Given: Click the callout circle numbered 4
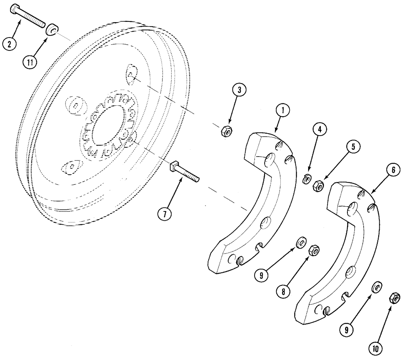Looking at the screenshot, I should click(x=319, y=130).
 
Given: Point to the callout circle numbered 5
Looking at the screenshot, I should click(x=353, y=147).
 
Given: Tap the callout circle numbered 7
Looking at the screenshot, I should click(x=164, y=213).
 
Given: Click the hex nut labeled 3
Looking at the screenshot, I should click(x=226, y=132).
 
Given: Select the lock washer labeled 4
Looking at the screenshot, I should click(x=307, y=178).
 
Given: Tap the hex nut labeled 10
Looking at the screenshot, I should click(x=391, y=299).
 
